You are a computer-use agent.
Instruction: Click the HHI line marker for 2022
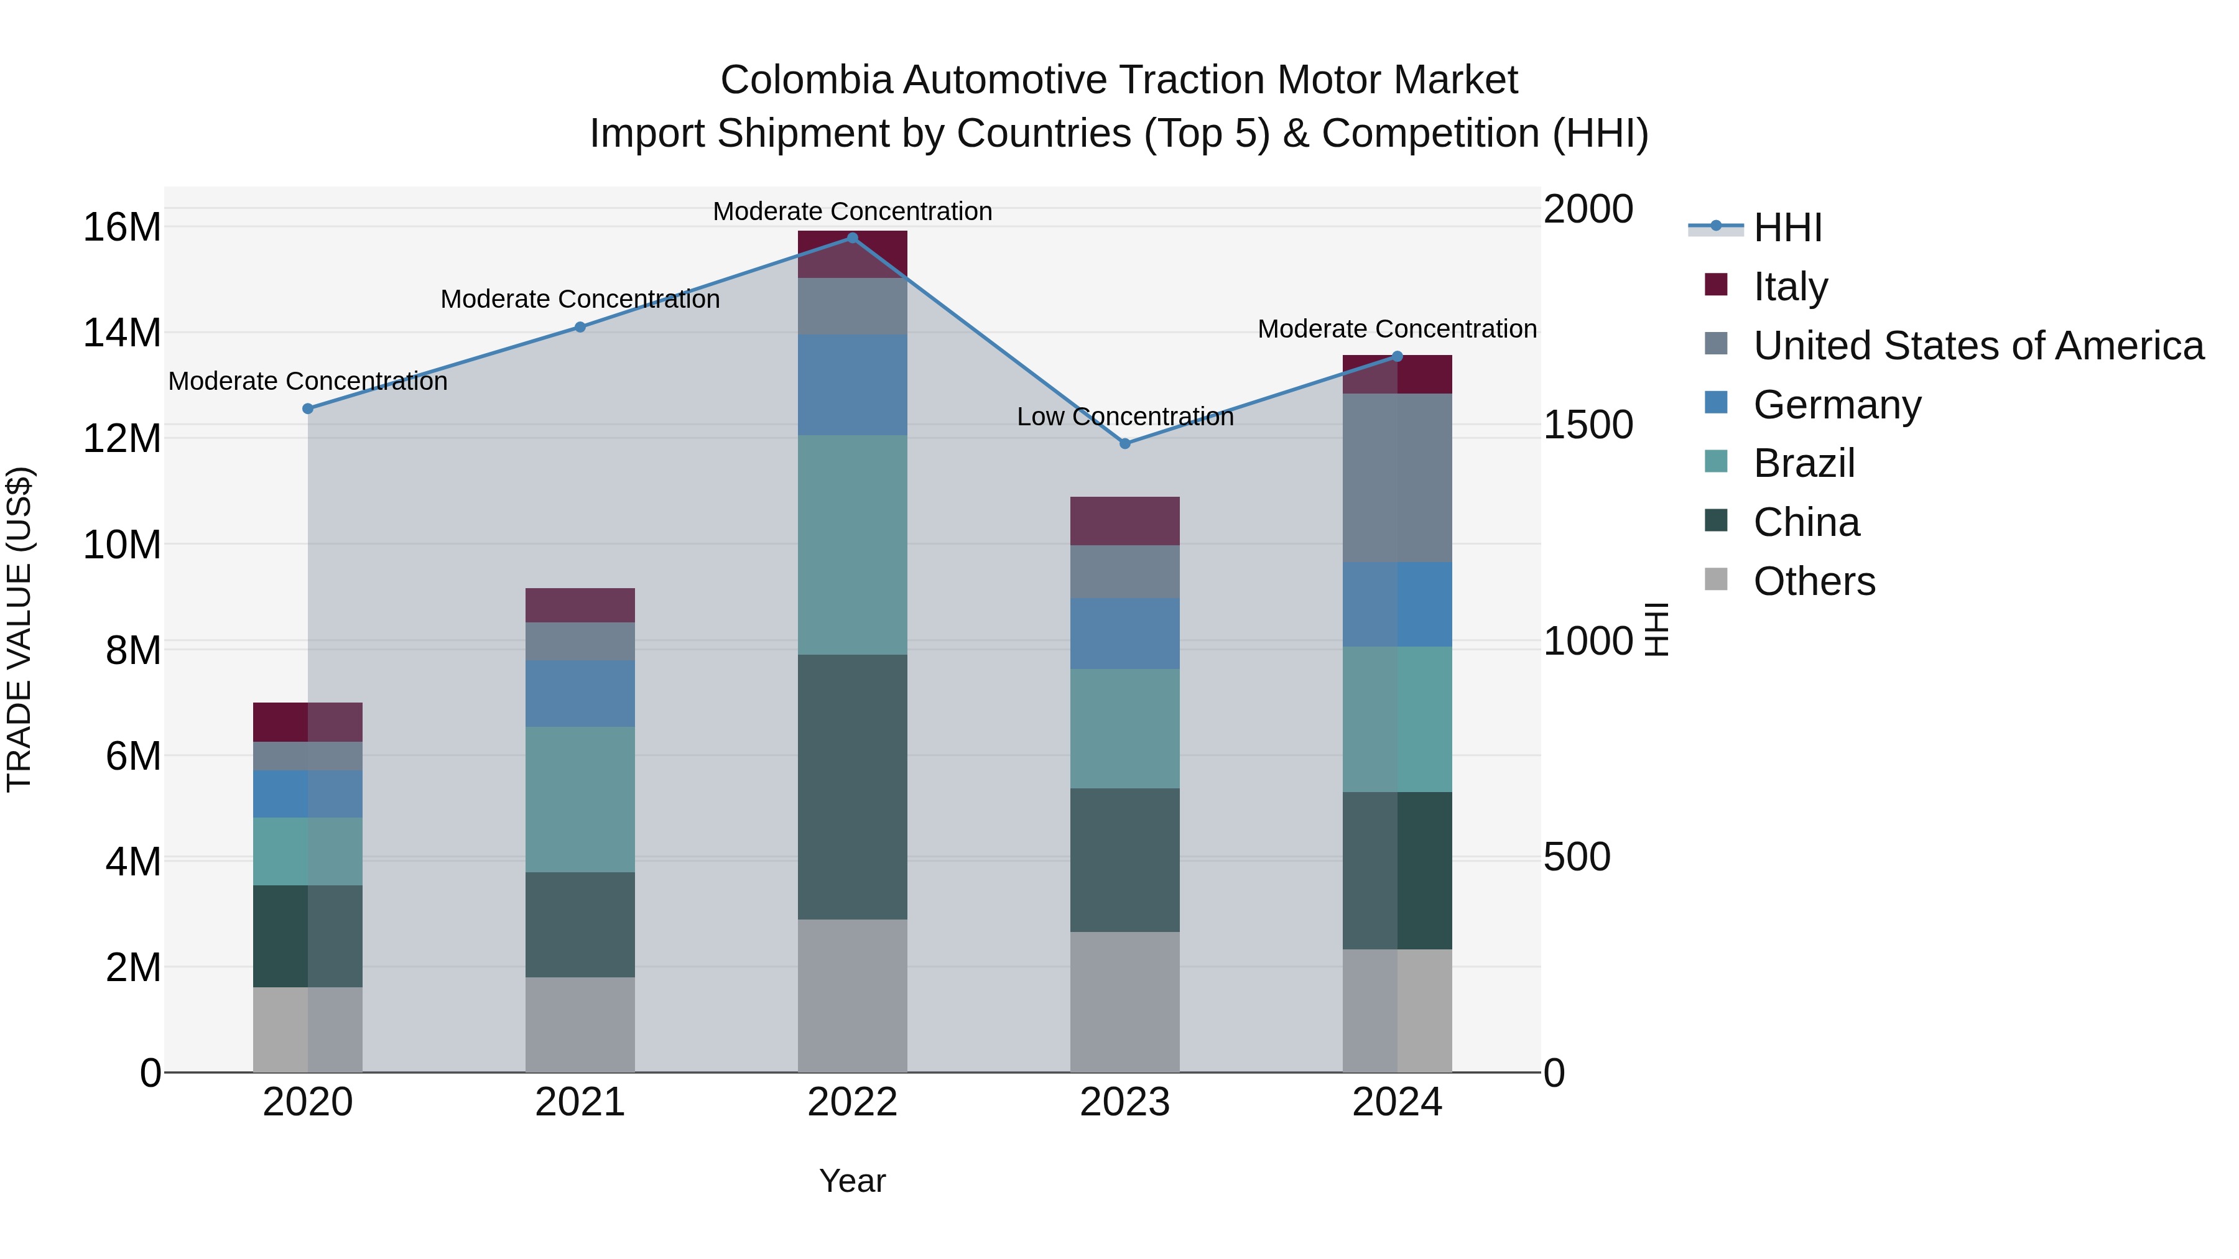[852, 238]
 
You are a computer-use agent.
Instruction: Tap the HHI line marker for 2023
[1124, 444]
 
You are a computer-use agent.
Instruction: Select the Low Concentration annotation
[1124, 417]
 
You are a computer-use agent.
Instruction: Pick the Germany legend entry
[1837, 405]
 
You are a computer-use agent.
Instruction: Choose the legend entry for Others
[1814, 581]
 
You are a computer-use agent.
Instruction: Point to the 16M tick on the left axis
[122, 228]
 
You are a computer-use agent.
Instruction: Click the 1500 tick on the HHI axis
[1588, 426]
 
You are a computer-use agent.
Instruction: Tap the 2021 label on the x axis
[580, 1102]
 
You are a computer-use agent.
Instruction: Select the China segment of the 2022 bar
[852, 786]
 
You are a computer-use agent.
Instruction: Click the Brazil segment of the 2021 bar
[580, 800]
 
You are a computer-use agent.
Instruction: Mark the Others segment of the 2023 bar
[1124, 1002]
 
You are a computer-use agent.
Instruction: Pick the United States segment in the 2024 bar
[1397, 478]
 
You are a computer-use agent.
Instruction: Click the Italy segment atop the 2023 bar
[1124, 522]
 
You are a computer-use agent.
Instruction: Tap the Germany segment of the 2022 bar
[852, 385]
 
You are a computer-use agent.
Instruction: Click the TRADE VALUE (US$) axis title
[19, 629]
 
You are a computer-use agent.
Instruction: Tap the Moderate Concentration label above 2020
[308, 382]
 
